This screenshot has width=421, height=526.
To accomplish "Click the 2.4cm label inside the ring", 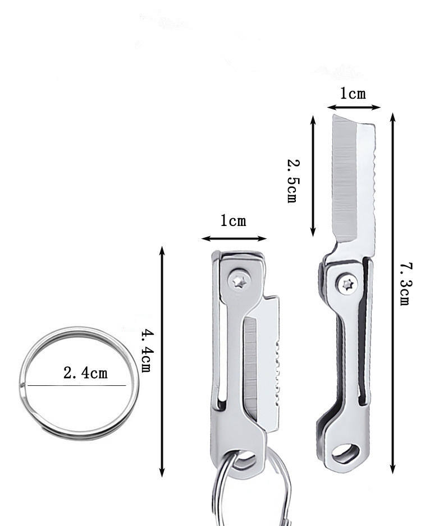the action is coord(86,373).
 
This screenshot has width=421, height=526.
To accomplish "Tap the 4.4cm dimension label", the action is coord(147,351).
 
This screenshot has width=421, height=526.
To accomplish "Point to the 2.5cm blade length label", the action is coord(292,181).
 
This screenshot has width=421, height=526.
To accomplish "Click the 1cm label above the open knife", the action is coord(353,93).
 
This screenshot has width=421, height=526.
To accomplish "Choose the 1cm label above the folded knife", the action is coord(233,221).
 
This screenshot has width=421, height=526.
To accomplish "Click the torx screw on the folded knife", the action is coord(239,281).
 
